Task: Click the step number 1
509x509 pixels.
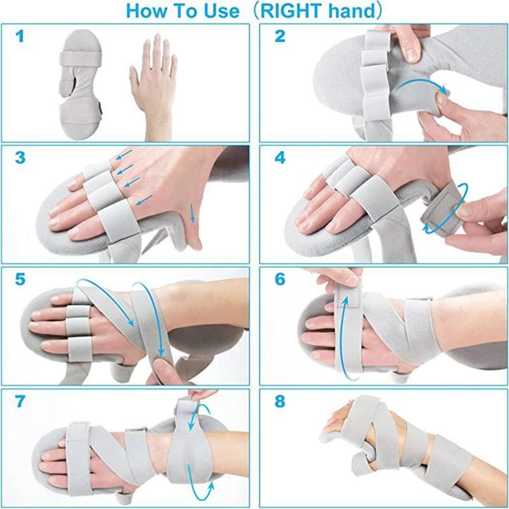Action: pyautogui.click(x=19, y=36)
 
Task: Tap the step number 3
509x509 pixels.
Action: pyautogui.click(x=20, y=158)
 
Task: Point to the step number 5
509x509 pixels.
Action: pyautogui.click(x=20, y=279)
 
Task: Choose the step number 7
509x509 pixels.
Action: pyautogui.click(x=20, y=401)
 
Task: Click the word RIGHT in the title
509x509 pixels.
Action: pyautogui.click(x=292, y=11)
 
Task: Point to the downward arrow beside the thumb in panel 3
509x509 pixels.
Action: pyautogui.click(x=193, y=212)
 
